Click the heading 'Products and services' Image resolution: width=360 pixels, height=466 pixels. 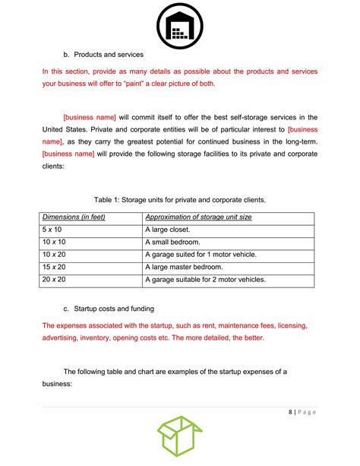pyautogui.click(x=108, y=55)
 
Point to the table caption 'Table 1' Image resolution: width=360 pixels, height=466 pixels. pyautogui.click(x=179, y=199)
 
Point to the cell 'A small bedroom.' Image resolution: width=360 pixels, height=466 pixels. pyautogui.click(x=175, y=243)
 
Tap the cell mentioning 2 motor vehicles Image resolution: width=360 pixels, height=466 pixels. pyautogui.click(x=205, y=280)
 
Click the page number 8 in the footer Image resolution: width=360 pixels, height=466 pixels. pyautogui.click(x=292, y=413)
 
